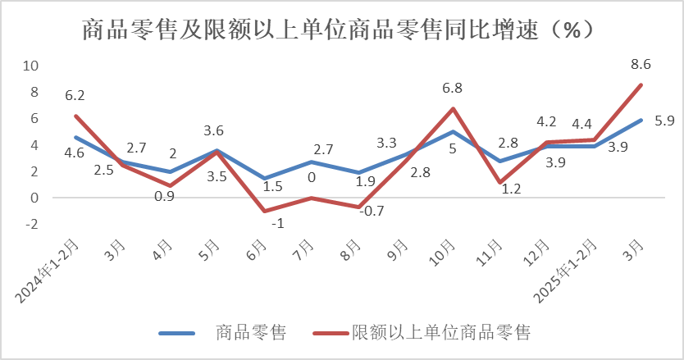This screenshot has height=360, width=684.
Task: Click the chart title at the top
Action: pos(341,31)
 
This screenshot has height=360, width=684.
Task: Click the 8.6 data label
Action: pos(641,64)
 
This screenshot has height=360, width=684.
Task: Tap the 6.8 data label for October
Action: pos(453,88)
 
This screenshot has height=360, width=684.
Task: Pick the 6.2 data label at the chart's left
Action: pos(75,95)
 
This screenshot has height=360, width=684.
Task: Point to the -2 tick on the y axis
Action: pos(32,224)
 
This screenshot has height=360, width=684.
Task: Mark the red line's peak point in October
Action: pos(453,108)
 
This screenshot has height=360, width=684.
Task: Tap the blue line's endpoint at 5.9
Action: pos(641,120)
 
